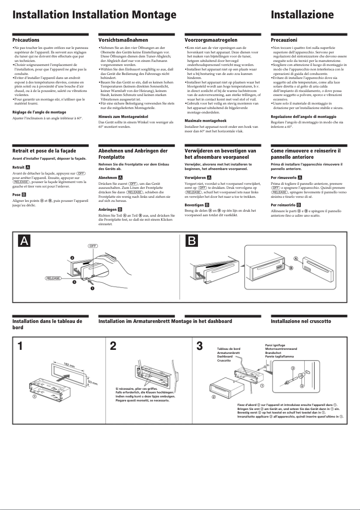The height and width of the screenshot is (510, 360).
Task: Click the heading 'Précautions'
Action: (26, 40)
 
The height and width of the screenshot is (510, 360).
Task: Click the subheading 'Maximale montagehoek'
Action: (205, 121)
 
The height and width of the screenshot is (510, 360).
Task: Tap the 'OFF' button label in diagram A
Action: (92, 246)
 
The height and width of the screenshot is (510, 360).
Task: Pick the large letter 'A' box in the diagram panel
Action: (24, 241)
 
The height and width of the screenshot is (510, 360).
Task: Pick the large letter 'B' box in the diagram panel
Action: (192, 241)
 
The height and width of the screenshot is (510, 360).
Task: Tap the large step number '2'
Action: (113, 346)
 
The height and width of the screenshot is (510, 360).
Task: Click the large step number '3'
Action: (200, 346)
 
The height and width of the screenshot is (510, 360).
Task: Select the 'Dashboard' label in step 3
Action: (224, 357)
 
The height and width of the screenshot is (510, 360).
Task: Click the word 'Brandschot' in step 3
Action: (273, 353)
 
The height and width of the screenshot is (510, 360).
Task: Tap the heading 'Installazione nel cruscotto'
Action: (300, 321)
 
